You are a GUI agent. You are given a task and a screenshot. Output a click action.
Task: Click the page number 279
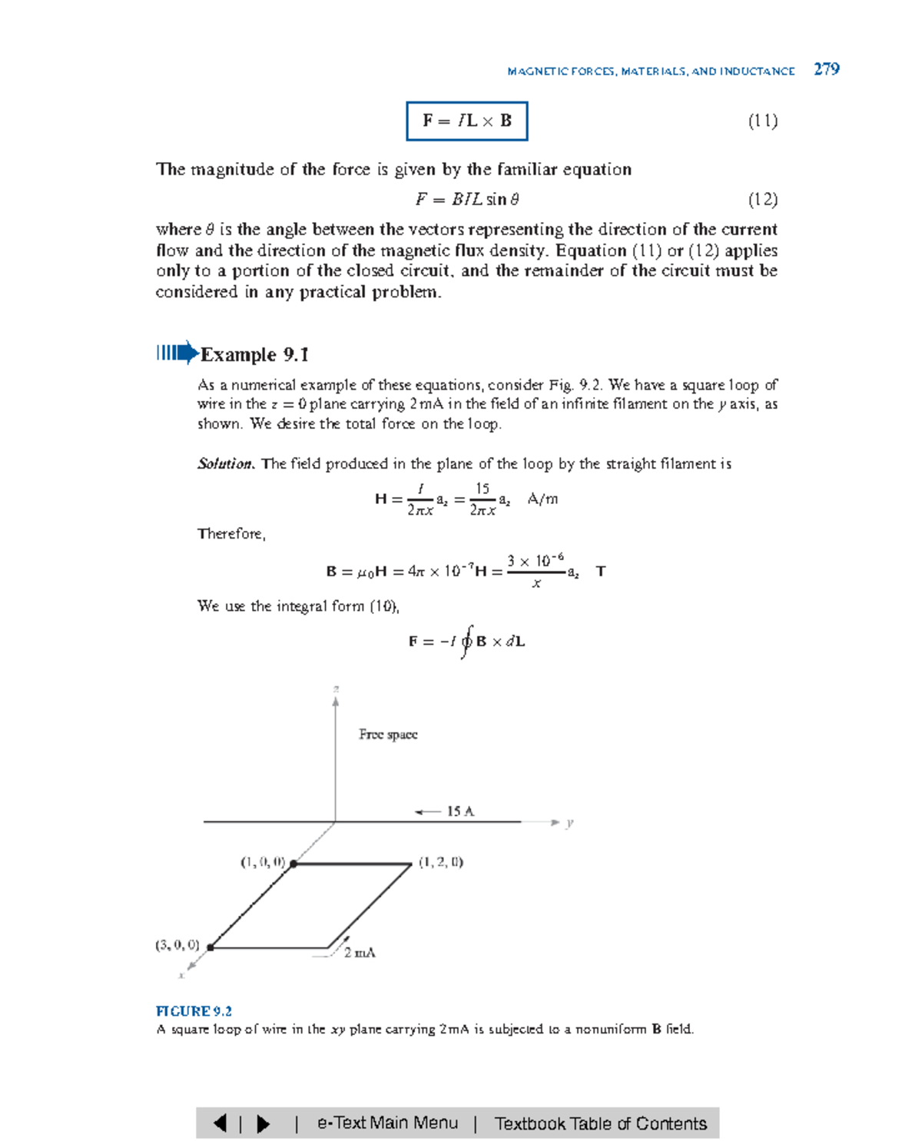point(826,69)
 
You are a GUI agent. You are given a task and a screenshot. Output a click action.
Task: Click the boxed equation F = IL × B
point(466,121)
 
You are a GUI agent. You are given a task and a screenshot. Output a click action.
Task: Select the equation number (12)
point(762,200)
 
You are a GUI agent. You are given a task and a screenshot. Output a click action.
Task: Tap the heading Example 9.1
point(254,354)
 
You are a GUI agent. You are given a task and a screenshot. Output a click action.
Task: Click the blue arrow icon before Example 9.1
point(177,353)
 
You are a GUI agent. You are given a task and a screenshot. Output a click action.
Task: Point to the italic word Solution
point(224,464)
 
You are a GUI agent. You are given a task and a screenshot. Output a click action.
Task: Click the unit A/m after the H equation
point(542,499)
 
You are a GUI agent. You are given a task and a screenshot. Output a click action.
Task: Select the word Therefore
point(231,534)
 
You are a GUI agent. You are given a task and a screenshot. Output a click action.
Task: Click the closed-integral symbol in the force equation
point(466,642)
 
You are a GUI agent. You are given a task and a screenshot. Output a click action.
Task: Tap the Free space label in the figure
point(388,735)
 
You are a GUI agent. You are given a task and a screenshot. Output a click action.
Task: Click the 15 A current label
point(460,811)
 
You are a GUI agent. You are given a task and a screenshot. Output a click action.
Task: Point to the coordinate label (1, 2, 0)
point(441,862)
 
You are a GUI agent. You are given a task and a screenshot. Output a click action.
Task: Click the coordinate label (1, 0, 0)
point(263,862)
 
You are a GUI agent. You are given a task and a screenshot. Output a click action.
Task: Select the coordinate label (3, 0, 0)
point(177,945)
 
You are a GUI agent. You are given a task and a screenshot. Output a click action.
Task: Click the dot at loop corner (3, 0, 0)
point(210,947)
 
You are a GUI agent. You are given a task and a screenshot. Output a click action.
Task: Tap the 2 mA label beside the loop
point(360,953)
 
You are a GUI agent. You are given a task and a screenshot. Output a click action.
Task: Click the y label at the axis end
point(569,823)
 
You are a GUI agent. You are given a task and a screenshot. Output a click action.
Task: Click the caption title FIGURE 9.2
point(194,1011)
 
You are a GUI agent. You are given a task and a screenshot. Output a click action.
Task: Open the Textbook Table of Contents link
point(600,1123)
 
